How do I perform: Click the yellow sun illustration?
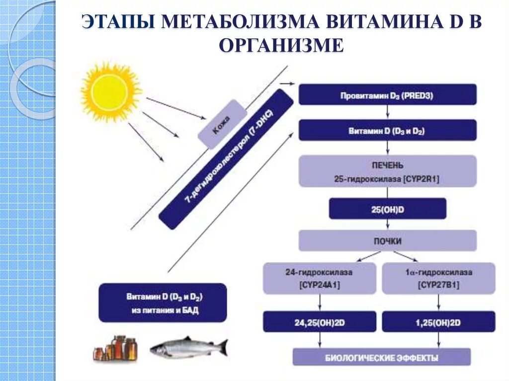coord(110,91)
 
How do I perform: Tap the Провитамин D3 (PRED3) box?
coord(387,94)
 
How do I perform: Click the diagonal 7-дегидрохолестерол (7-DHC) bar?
coord(226,159)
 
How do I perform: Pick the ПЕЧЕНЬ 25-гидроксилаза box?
coord(387,171)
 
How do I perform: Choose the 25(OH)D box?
coord(387,209)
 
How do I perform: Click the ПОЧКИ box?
coord(387,241)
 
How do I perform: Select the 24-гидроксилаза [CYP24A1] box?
coord(319,278)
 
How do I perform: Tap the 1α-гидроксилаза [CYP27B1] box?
coord(438,278)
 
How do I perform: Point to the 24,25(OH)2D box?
coord(319,322)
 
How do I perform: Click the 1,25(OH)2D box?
coord(438,322)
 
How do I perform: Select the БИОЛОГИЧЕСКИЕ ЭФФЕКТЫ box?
coord(381,357)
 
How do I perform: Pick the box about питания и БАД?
coord(163,303)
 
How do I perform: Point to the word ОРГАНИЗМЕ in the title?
coord(281,46)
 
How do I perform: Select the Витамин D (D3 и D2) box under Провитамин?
coord(387,131)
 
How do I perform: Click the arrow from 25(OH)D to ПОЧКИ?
coord(387,225)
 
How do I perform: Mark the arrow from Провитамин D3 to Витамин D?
coord(387,112)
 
